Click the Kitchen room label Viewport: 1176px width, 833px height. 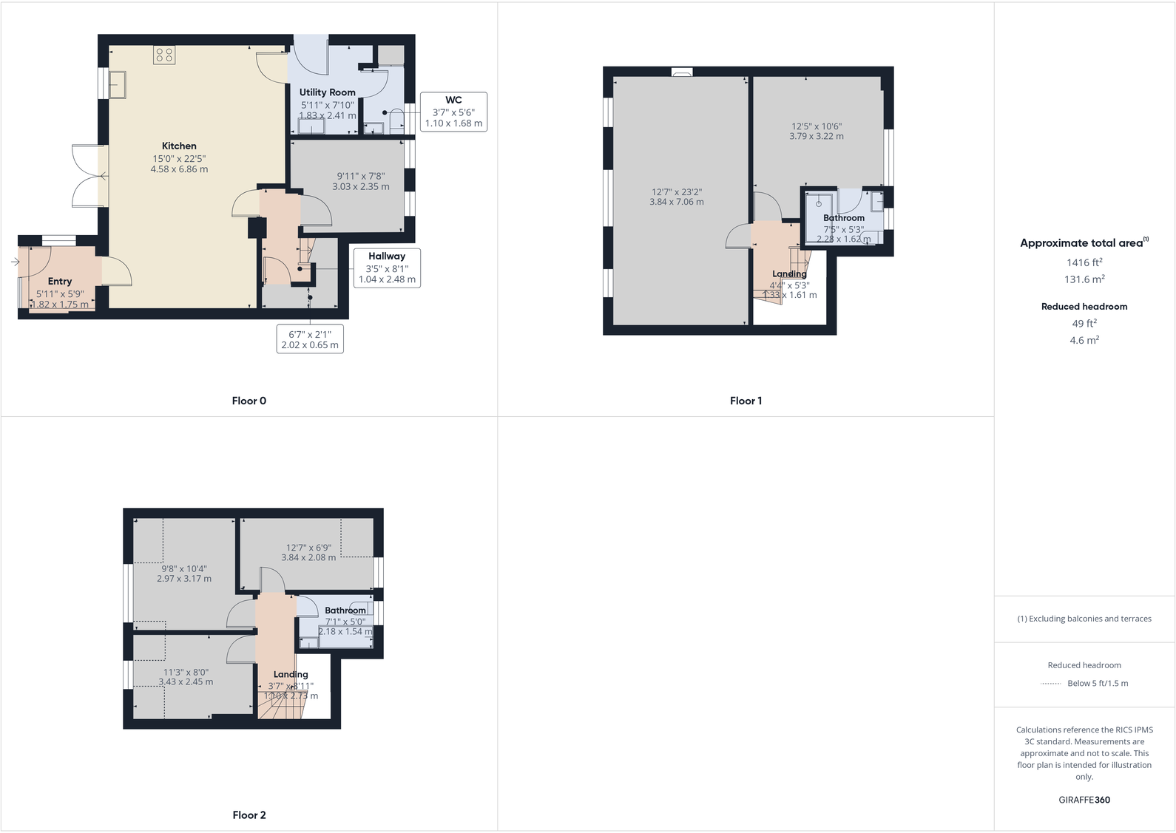click(x=179, y=146)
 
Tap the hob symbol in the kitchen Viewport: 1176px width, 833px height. click(x=164, y=55)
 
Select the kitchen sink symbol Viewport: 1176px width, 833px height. click(x=117, y=84)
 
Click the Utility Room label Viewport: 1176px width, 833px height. click(x=327, y=92)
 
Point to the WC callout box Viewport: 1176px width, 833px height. click(x=453, y=112)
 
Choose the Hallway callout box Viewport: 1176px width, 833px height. click(x=387, y=268)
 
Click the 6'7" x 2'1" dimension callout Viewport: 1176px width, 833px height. click(x=310, y=339)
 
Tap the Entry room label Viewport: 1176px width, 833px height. click(x=60, y=282)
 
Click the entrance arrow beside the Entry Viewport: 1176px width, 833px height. click(x=15, y=262)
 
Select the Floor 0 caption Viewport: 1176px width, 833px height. click(x=249, y=401)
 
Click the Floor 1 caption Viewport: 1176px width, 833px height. click(x=746, y=401)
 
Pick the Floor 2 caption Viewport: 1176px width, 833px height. click(x=249, y=815)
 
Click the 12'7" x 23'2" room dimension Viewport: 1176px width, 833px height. click(x=676, y=197)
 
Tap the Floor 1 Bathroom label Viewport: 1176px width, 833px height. click(x=843, y=218)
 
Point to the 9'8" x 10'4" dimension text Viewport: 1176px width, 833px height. click(x=184, y=574)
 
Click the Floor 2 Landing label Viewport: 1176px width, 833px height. click(x=291, y=674)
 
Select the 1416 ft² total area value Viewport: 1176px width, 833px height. click(x=1084, y=262)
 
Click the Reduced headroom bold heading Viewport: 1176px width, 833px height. click(x=1084, y=306)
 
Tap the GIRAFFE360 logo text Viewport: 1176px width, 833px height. click(x=1084, y=800)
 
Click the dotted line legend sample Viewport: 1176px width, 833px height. click(x=1050, y=684)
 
